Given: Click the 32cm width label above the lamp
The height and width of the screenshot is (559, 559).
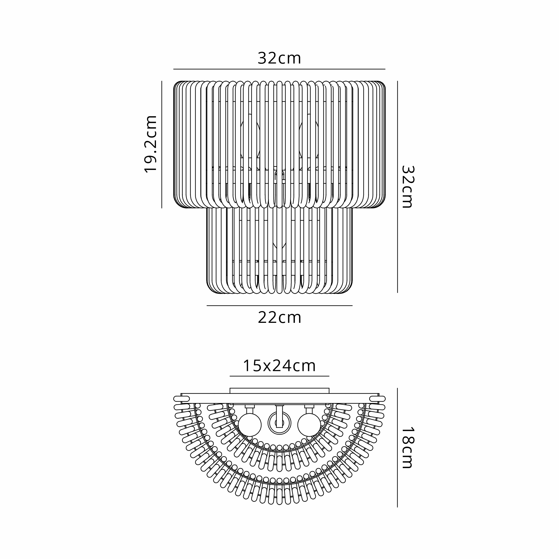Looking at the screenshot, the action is (279, 58).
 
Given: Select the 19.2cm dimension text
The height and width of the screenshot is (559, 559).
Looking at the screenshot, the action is (150, 144).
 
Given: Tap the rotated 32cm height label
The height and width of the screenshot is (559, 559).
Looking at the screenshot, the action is (408, 187).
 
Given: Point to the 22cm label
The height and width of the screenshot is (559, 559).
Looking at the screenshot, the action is (279, 318).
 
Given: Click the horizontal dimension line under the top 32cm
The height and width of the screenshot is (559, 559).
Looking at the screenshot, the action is (279, 69).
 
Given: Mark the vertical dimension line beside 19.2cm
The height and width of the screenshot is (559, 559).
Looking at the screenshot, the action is (162, 145).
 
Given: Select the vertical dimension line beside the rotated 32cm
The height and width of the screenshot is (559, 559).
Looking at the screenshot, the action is (397, 187).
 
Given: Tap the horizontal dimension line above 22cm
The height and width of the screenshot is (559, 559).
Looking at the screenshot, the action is (279, 305).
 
